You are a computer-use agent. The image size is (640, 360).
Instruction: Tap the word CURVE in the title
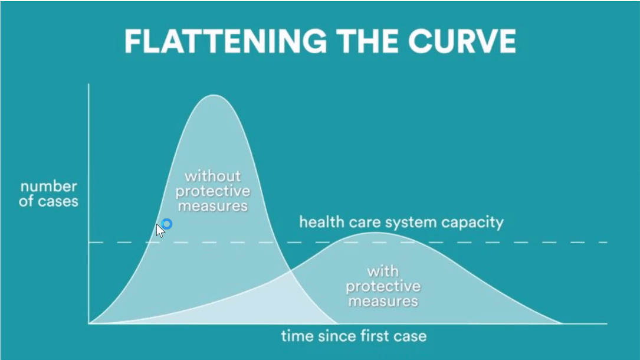462,41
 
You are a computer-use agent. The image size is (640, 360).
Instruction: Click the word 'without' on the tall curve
213,176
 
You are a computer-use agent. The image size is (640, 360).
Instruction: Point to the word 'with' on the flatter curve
383,271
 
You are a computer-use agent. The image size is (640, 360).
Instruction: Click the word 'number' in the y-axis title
48,186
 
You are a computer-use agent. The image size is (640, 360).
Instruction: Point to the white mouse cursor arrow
160,231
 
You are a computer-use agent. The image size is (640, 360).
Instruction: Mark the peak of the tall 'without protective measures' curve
213,95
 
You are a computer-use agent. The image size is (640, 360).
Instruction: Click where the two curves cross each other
290,270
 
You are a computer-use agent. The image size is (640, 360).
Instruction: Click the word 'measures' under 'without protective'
213,206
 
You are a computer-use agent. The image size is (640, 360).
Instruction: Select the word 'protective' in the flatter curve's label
383,287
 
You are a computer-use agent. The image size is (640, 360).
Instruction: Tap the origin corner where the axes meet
88,323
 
